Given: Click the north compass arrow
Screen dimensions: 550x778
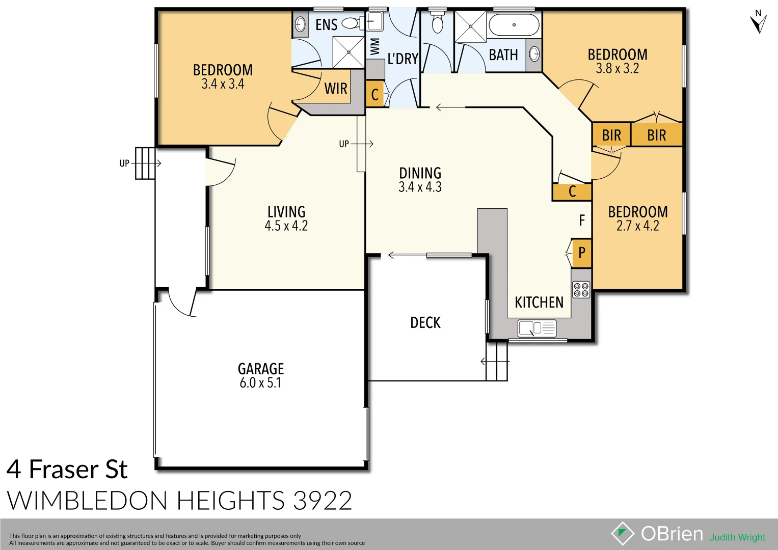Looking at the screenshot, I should (x=758, y=23).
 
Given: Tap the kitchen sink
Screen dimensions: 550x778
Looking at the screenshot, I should (x=537, y=328).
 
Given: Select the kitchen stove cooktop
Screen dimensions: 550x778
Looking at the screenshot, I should (x=581, y=290).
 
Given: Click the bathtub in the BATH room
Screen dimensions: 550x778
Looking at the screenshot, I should (x=514, y=25).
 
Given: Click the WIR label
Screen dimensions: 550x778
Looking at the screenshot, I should (x=336, y=89).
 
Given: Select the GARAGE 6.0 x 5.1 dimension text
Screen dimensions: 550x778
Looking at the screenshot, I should (x=260, y=383).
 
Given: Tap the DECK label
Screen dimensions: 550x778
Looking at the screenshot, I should (x=425, y=323).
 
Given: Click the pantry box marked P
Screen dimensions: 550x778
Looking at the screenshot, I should (x=582, y=253).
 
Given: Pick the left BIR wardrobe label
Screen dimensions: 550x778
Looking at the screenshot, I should (x=611, y=135).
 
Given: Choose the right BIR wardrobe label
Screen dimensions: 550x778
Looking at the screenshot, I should (x=656, y=135).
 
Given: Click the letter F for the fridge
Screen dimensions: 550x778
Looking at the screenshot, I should (x=582, y=221).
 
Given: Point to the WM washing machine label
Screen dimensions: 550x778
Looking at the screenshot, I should (x=375, y=46).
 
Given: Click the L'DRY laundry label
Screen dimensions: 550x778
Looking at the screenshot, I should (x=403, y=59).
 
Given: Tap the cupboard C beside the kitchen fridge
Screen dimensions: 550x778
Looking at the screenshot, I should (x=572, y=192).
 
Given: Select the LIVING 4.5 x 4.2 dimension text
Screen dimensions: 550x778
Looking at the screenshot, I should (x=286, y=226).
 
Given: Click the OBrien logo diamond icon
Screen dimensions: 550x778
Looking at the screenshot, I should (x=623, y=534).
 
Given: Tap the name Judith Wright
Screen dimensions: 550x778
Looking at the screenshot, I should (x=737, y=537).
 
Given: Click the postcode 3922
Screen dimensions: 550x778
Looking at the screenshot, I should (x=323, y=501).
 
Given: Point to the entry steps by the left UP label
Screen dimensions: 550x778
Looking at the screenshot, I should (x=145, y=163).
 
